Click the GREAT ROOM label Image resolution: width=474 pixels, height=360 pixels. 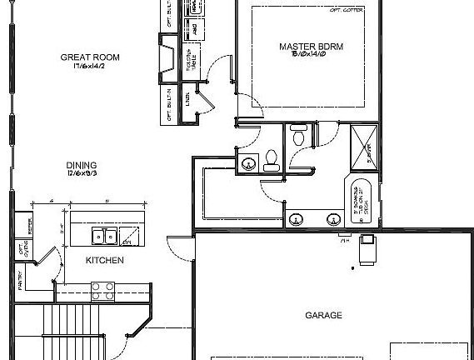coord(90,57)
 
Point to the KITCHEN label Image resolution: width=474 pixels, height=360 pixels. coord(105,261)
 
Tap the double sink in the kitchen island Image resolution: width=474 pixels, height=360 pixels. coord(104,237)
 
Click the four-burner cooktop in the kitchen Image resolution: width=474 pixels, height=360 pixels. coord(102,291)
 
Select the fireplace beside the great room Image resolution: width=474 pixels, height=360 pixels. coord(167,62)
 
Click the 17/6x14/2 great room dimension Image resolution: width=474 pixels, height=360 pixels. coord(90,67)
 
